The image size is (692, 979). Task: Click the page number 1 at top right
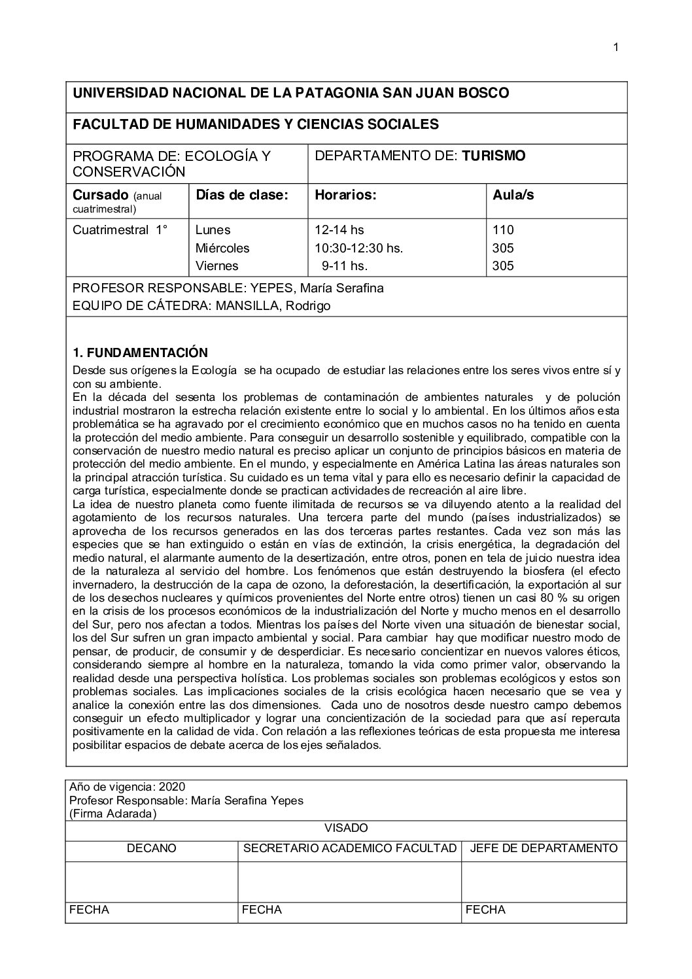pos(615,47)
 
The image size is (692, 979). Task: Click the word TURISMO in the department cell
pos(494,156)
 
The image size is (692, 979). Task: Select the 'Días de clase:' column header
pos(242,195)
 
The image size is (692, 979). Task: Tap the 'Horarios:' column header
pos(345,195)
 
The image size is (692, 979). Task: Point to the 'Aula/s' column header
pos(513,195)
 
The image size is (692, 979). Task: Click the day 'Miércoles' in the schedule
pos(222,248)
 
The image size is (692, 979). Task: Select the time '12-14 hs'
pos(339,230)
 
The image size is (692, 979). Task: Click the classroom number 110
pos(504,230)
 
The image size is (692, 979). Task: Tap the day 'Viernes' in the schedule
pos(217,266)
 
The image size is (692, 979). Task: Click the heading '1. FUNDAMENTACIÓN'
pos(140,353)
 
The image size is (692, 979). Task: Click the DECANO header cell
pos(151,848)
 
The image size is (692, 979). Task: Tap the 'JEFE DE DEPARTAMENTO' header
pos(544,848)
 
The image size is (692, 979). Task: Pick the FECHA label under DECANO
pos(89,910)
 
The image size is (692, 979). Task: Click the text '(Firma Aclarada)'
pos(112,814)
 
